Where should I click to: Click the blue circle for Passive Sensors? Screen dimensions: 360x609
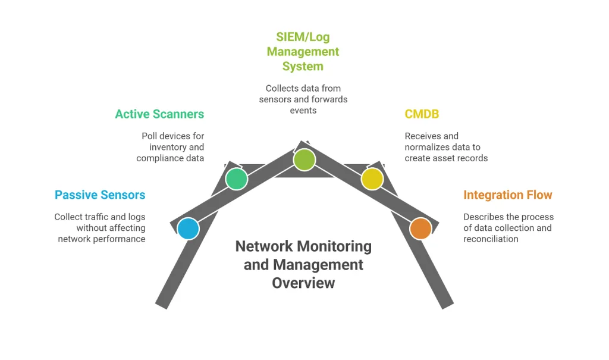tap(189, 228)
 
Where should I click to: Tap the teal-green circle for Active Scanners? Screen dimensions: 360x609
tap(237, 179)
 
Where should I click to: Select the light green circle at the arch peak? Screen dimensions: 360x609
tap(304, 159)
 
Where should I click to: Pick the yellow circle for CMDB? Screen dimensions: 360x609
tap(372, 179)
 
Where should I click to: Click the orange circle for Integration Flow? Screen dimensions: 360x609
tap(420, 228)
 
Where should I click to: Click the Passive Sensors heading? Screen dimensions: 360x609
tap(100, 195)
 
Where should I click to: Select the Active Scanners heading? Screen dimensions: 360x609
tap(159, 114)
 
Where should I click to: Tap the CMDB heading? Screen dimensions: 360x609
tap(422, 114)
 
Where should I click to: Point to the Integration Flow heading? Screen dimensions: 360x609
tap(508, 195)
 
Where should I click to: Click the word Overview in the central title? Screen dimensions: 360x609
tap(303, 283)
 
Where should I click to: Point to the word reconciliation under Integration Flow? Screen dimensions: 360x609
tap(491, 239)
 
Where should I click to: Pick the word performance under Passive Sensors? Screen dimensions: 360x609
tap(118, 239)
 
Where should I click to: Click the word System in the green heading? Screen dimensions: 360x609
tap(303, 66)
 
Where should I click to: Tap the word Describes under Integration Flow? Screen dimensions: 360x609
tap(484, 217)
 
